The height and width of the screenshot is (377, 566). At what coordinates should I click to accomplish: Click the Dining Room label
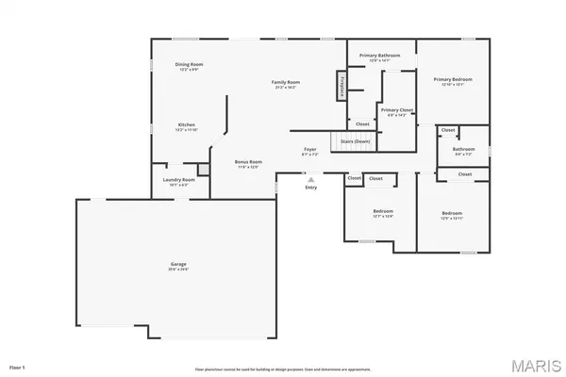(190, 65)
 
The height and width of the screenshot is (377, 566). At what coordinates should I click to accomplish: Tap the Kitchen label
(188, 125)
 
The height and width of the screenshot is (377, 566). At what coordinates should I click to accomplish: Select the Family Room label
(286, 83)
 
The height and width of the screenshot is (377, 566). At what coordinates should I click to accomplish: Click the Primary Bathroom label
(379, 56)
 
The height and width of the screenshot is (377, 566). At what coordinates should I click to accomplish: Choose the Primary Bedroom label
(453, 80)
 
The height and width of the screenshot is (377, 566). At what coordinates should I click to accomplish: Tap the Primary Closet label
(397, 110)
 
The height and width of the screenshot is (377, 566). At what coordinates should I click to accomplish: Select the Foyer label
(309, 150)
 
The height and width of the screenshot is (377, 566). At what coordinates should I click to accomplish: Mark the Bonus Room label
(249, 162)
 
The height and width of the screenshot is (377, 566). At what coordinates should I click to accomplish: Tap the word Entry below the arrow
(311, 188)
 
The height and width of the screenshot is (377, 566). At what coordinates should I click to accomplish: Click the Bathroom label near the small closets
(463, 149)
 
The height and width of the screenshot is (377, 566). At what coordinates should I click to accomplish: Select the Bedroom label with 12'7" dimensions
(382, 211)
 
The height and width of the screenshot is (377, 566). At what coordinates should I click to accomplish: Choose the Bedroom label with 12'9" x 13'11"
(453, 214)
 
